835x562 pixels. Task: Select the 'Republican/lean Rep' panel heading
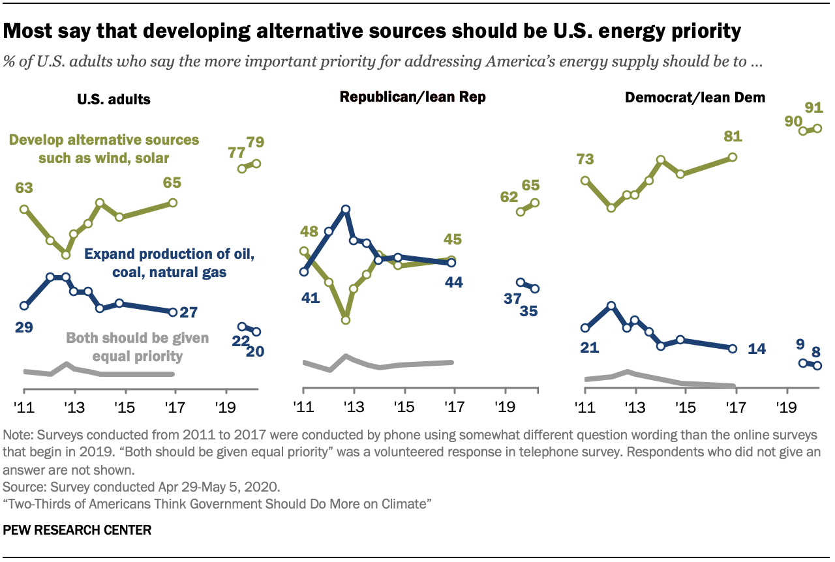click(412, 98)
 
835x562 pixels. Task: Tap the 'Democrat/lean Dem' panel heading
click(695, 98)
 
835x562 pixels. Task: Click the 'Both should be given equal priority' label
click(138, 347)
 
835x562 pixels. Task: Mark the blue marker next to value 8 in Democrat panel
click(817, 366)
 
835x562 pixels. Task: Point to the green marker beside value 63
click(24, 209)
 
